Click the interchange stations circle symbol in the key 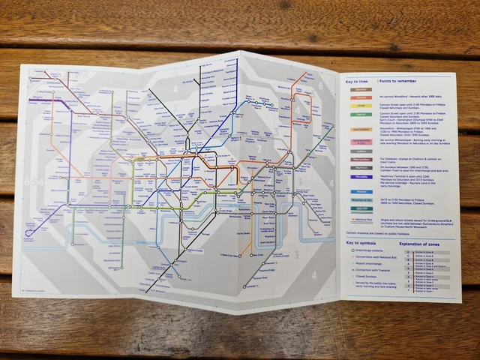tap(353, 253)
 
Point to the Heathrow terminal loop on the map tap(30, 232)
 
